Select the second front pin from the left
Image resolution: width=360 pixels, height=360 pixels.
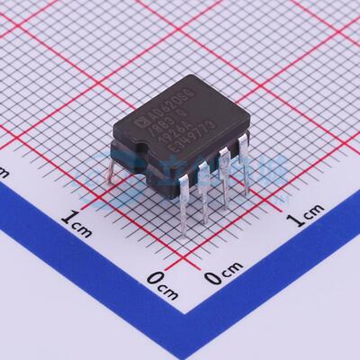click(205, 202)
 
